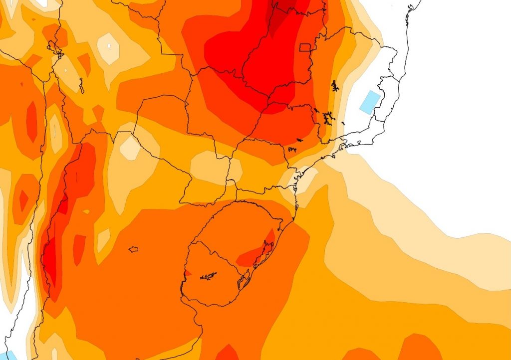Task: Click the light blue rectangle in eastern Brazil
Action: [370, 102]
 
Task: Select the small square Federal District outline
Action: [305, 47]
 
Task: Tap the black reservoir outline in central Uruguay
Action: [209, 275]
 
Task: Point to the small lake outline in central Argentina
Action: [133, 249]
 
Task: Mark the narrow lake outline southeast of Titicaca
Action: [81, 86]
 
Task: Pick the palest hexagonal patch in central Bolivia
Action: [108, 48]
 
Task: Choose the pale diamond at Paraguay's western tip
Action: [131, 148]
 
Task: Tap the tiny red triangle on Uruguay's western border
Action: [187, 273]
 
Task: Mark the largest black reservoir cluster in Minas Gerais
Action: [328, 119]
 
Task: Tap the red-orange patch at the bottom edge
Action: [227, 353]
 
